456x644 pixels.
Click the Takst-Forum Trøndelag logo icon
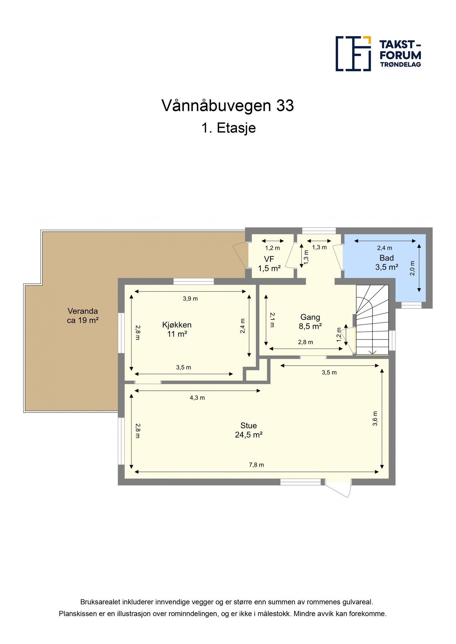[353, 54]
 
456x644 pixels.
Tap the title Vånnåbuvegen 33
[228, 106]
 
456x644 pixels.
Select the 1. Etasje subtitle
[229, 128]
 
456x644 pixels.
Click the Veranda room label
[83, 316]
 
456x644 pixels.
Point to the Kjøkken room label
[177, 329]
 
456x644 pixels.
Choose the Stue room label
[249, 430]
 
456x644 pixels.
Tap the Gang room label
[310, 321]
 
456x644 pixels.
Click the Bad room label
[387, 262]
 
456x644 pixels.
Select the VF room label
[269, 264]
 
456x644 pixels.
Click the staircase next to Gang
[372, 319]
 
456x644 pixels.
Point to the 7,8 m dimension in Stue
[256, 465]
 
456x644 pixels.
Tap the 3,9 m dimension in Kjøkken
[190, 298]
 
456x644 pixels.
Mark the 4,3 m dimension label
[197, 397]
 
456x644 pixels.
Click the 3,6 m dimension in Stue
[375, 419]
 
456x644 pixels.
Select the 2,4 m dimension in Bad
[384, 248]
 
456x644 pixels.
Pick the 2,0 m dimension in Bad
[412, 268]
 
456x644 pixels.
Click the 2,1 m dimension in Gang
[272, 320]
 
